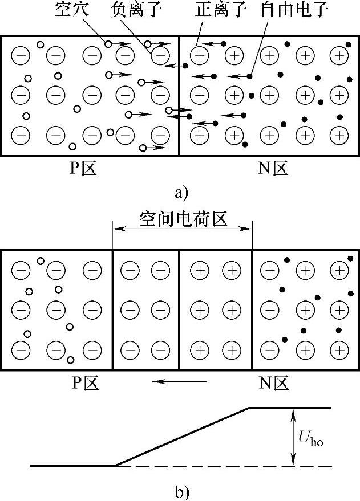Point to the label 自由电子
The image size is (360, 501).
[281, 10]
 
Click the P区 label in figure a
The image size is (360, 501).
[83, 169]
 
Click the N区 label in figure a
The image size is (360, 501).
[273, 169]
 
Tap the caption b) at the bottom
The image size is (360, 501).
[181, 491]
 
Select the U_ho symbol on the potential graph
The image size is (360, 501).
[310, 437]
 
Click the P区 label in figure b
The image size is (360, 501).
[86, 382]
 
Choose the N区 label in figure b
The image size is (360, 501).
[274, 382]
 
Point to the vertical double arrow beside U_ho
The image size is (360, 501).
[292, 437]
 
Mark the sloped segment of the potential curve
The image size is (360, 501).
[183, 437]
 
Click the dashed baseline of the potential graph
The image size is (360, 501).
[228, 466]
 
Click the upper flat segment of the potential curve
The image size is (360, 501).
[291, 408]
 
